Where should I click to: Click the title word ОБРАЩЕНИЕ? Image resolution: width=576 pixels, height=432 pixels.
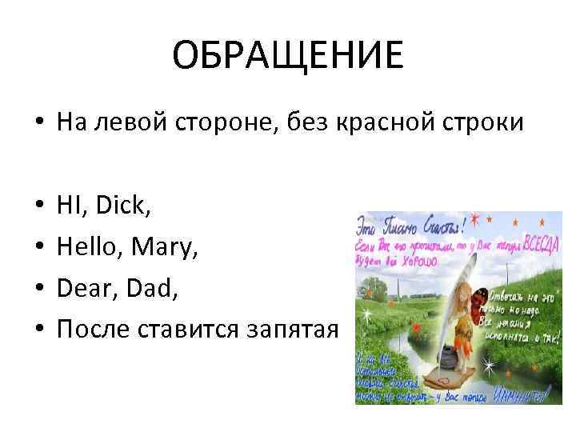(288, 56)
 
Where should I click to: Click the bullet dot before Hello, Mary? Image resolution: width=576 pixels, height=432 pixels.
(38, 241)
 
